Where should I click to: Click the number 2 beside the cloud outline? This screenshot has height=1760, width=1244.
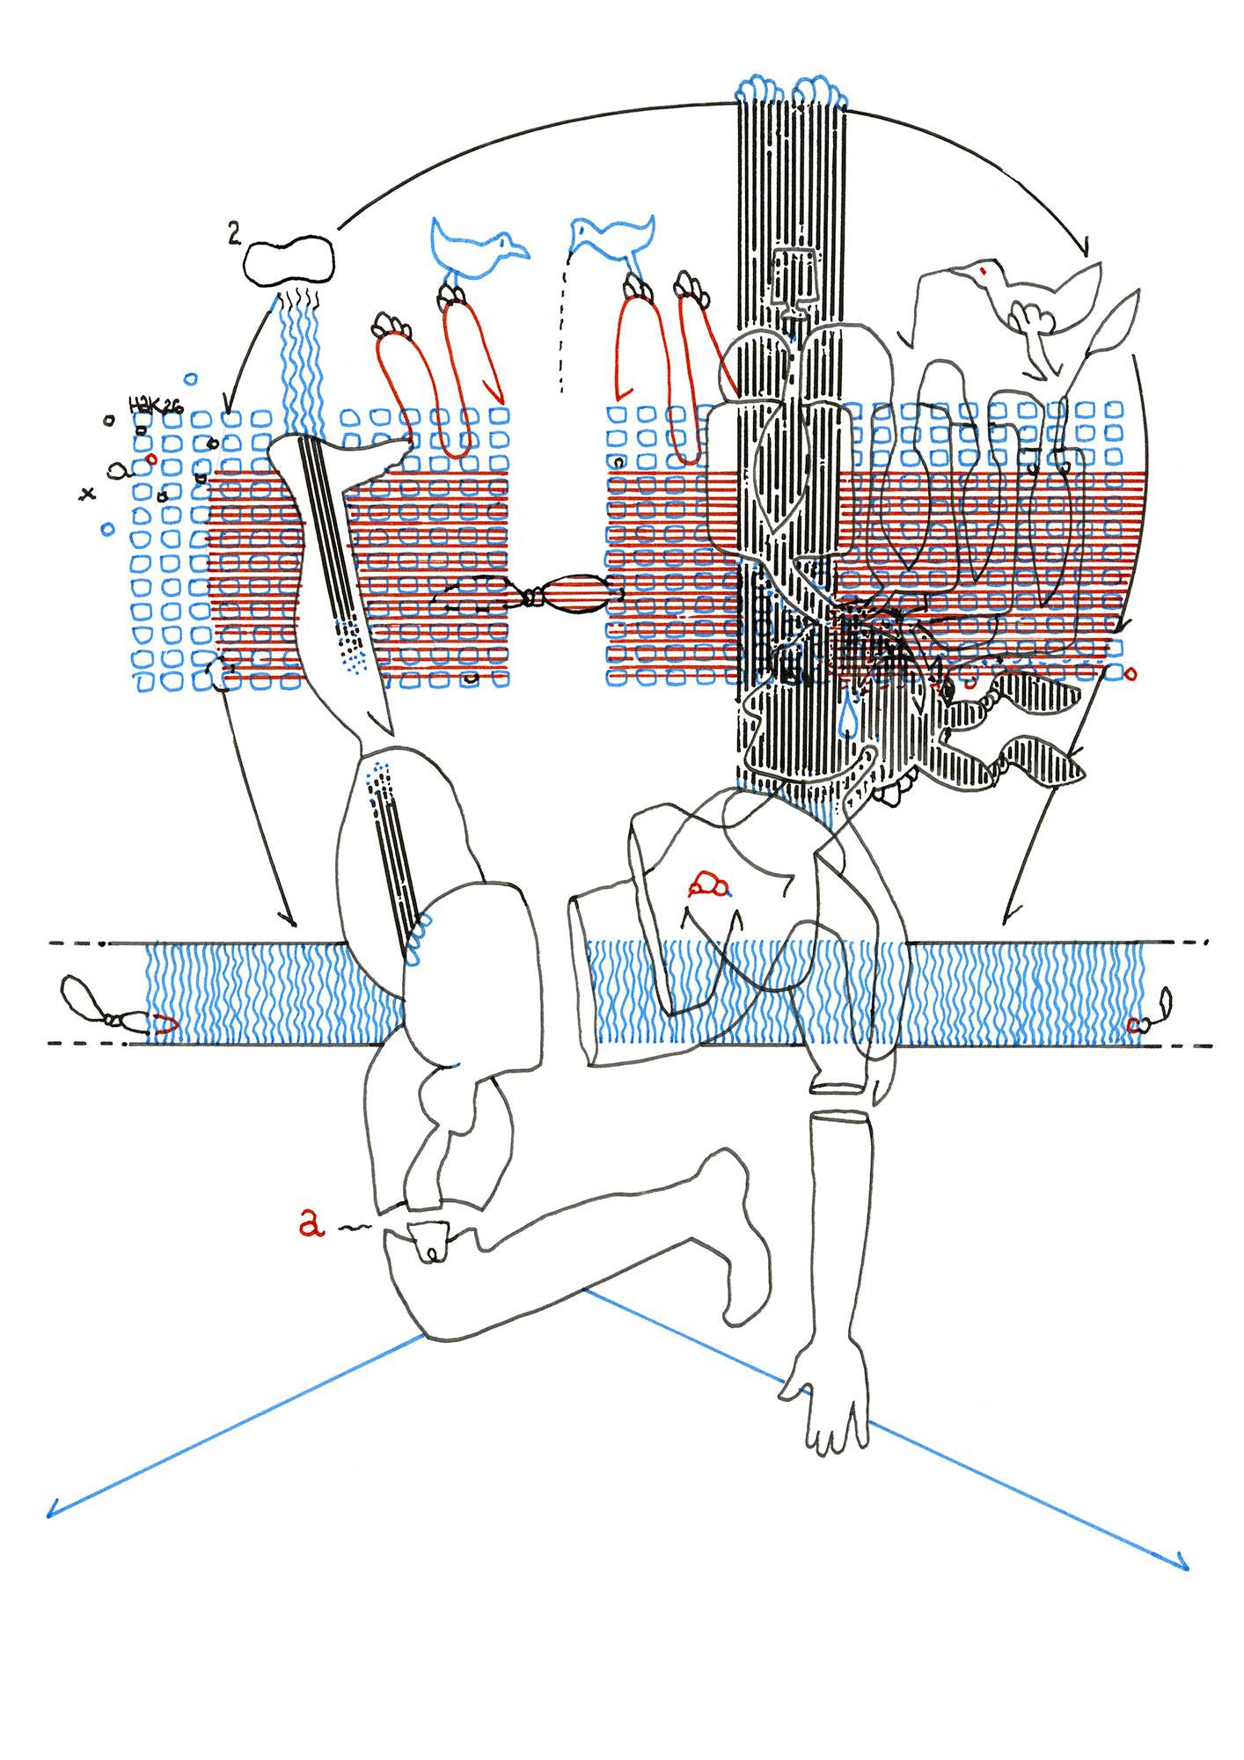tap(233, 233)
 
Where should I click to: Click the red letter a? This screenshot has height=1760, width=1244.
tap(311, 1222)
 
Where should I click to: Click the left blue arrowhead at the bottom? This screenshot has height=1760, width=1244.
tap(51, 1512)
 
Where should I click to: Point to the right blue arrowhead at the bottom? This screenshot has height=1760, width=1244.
tap(1184, 1565)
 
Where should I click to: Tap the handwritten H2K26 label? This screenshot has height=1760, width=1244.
tap(155, 406)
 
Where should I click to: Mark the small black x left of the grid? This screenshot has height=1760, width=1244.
tap(86, 494)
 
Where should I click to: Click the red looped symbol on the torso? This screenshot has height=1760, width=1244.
tap(708, 884)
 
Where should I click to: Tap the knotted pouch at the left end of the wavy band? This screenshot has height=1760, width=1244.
tap(84, 1000)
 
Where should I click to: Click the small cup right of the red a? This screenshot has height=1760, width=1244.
tap(430, 1241)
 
